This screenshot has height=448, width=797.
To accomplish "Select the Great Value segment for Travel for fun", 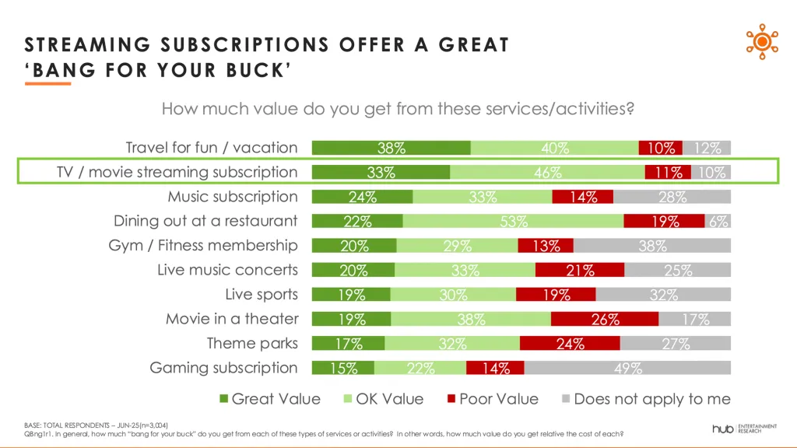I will (391, 148).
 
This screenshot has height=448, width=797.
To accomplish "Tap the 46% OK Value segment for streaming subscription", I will (547, 173).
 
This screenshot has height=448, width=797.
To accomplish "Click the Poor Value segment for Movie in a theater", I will (605, 319).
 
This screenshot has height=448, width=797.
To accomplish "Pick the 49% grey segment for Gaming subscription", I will (627, 368).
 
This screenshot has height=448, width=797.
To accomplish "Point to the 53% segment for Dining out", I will (513, 221).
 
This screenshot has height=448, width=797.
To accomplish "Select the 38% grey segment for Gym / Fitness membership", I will (651, 246).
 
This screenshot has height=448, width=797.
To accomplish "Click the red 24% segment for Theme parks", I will (570, 344).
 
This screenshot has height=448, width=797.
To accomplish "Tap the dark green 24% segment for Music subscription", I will (362, 197).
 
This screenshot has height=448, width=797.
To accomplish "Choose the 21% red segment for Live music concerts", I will (580, 270).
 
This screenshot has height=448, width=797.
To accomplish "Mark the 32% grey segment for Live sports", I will (663, 295).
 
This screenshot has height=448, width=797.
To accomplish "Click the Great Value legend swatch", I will (224, 399).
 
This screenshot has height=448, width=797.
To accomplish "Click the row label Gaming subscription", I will (224, 368).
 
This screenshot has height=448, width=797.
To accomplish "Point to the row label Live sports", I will (262, 295).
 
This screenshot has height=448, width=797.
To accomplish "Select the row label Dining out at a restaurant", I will (205, 221).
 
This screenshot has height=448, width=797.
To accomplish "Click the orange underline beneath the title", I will (48, 83).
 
